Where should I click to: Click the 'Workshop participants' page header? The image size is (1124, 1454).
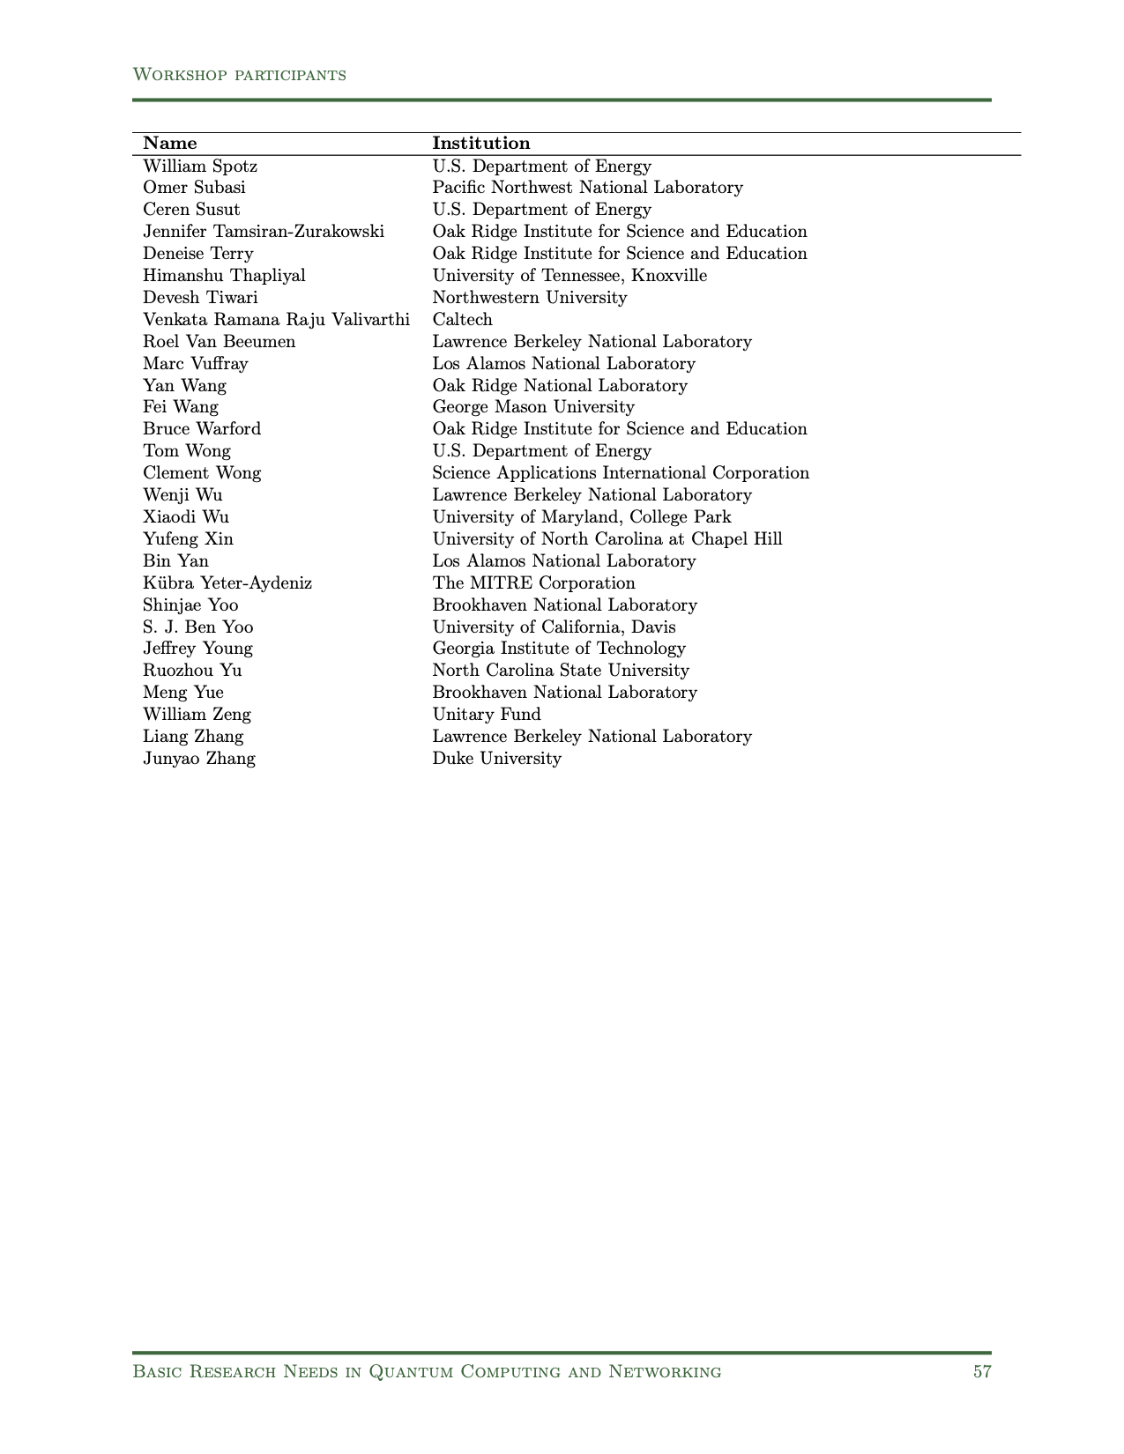click(239, 75)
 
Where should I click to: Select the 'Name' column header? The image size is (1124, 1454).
click(170, 144)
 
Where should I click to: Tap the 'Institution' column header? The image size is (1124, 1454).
click(481, 144)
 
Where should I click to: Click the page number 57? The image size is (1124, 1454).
click(982, 1371)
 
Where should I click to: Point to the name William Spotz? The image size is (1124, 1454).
click(200, 167)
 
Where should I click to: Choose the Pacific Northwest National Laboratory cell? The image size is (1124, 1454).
click(587, 188)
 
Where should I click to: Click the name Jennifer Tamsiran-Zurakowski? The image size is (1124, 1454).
click(264, 232)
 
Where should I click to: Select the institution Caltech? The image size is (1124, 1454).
click(462, 320)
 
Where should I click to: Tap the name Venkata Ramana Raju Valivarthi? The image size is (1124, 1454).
click(276, 320)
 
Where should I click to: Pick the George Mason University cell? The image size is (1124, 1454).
click(533, 407)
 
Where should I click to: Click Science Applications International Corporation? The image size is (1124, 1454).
click(621, 473)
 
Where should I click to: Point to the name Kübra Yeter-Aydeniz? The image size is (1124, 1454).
click(227, 583)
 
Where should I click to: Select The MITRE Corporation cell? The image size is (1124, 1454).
click(533, 583)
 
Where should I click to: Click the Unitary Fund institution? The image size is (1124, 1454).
click(487, 715)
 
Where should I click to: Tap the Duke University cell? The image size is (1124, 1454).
click(496, 759)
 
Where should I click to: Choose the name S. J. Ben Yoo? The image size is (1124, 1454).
click(198, 627)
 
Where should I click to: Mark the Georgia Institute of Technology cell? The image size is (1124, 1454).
click(559, 649)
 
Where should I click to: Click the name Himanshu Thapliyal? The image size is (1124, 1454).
click(224, 276)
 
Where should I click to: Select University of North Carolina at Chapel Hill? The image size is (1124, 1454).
click(607, 539)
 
